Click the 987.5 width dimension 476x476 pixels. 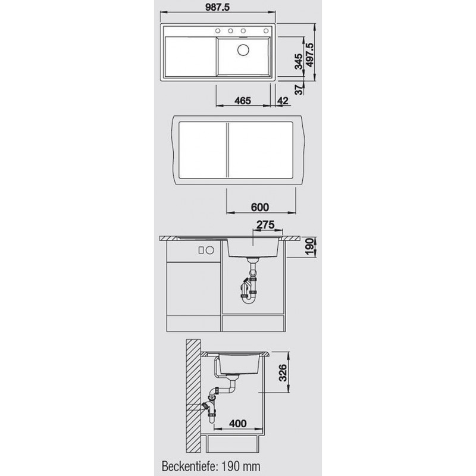[x=217, y=7]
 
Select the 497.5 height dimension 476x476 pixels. [x=310, y=55]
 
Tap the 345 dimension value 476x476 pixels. [x=299, y=61]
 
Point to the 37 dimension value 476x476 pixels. [x=299, y=90]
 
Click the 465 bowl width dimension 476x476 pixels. [x=243, y=101]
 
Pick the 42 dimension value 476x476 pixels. [x=283, y=101]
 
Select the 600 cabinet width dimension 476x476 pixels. [x=260, y=207]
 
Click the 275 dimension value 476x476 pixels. [x=265, y=225]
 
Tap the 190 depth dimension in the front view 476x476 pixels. [x=309, y=247]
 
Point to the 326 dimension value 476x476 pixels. [x=283, y=373]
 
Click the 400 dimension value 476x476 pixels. [x=237, y=424]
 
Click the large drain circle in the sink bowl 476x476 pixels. [x=243, y=50]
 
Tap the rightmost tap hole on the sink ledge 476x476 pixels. [x=266, y=31]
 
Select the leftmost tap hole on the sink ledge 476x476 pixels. [x=218, y=31]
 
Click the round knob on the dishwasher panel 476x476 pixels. [x=210, y=250]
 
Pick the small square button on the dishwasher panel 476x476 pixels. [x=201, y=250]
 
